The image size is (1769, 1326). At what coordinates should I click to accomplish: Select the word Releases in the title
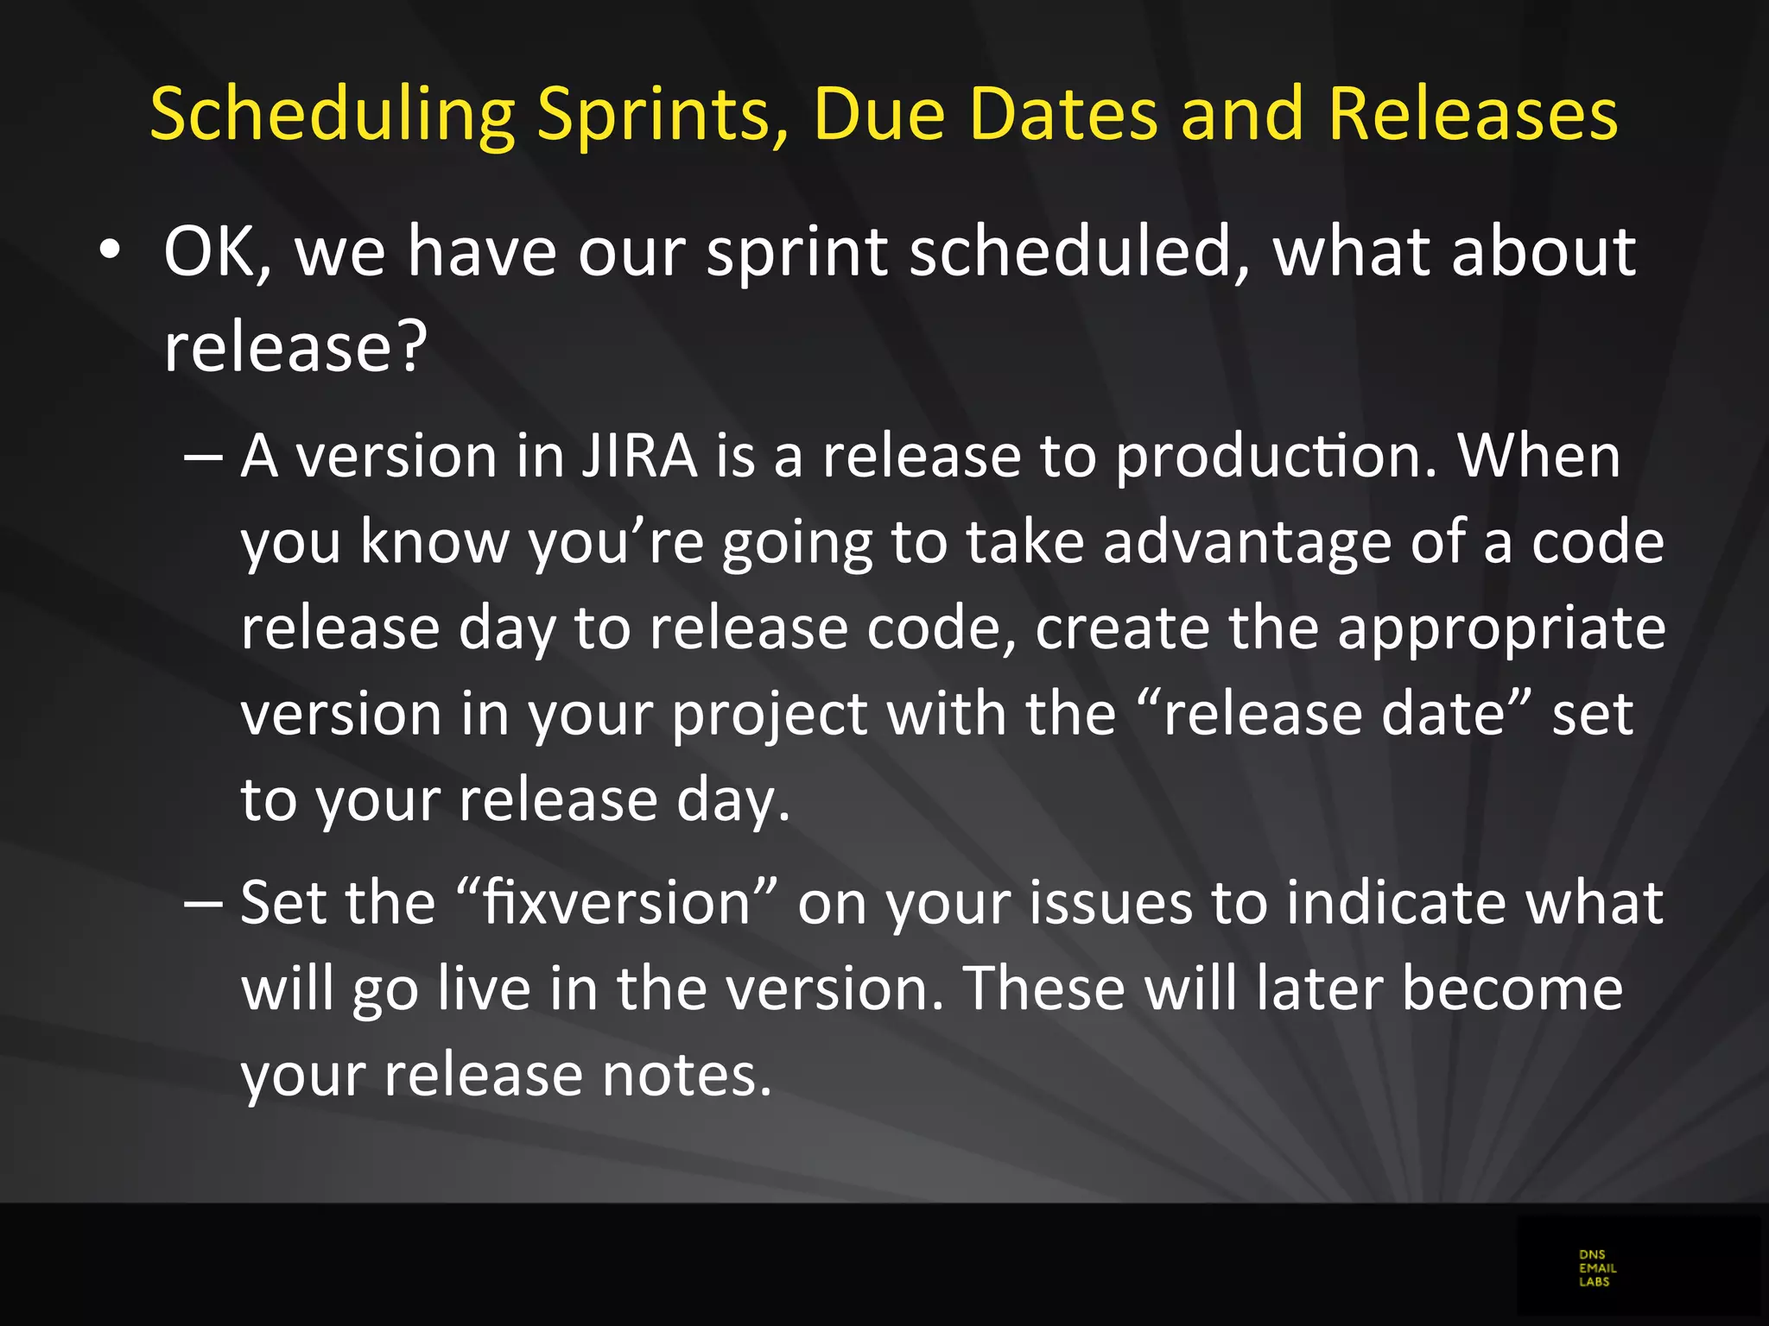[x=1473, y=114]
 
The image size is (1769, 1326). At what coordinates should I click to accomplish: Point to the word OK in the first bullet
[x=217, y=252]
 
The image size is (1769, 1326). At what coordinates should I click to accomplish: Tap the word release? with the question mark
[x=295, y=347]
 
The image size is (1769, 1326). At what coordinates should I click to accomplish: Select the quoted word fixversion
[x=616, y=903]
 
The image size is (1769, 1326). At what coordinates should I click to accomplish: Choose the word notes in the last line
[x=686, y=1076]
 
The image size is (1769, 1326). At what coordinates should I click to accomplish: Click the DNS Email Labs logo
[x=1597, y=1268]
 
